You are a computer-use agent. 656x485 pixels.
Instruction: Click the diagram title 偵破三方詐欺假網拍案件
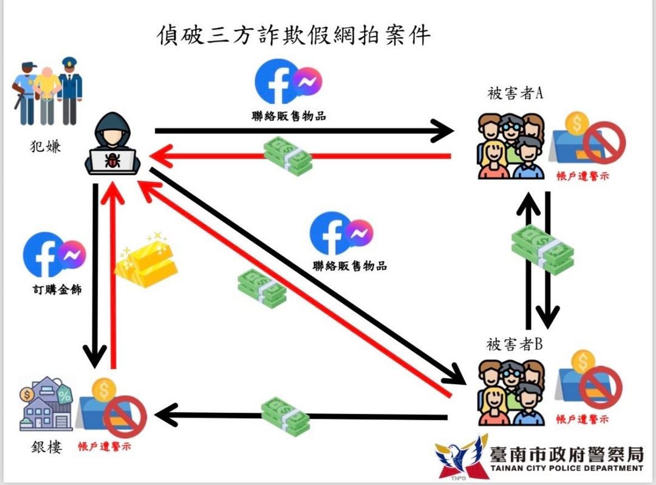tap(293, 36)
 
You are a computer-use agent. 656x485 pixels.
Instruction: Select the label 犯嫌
tap(45, 146)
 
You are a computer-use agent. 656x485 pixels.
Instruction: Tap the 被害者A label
tap(514, 94)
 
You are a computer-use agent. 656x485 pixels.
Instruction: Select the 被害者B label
tap(514, 345)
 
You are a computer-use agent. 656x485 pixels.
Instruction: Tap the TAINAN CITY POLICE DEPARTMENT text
tap(566, 468)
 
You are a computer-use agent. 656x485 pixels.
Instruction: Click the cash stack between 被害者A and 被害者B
tap(542, 249)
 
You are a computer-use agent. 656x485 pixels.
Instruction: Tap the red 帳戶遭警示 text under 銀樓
tap(104, 446)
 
